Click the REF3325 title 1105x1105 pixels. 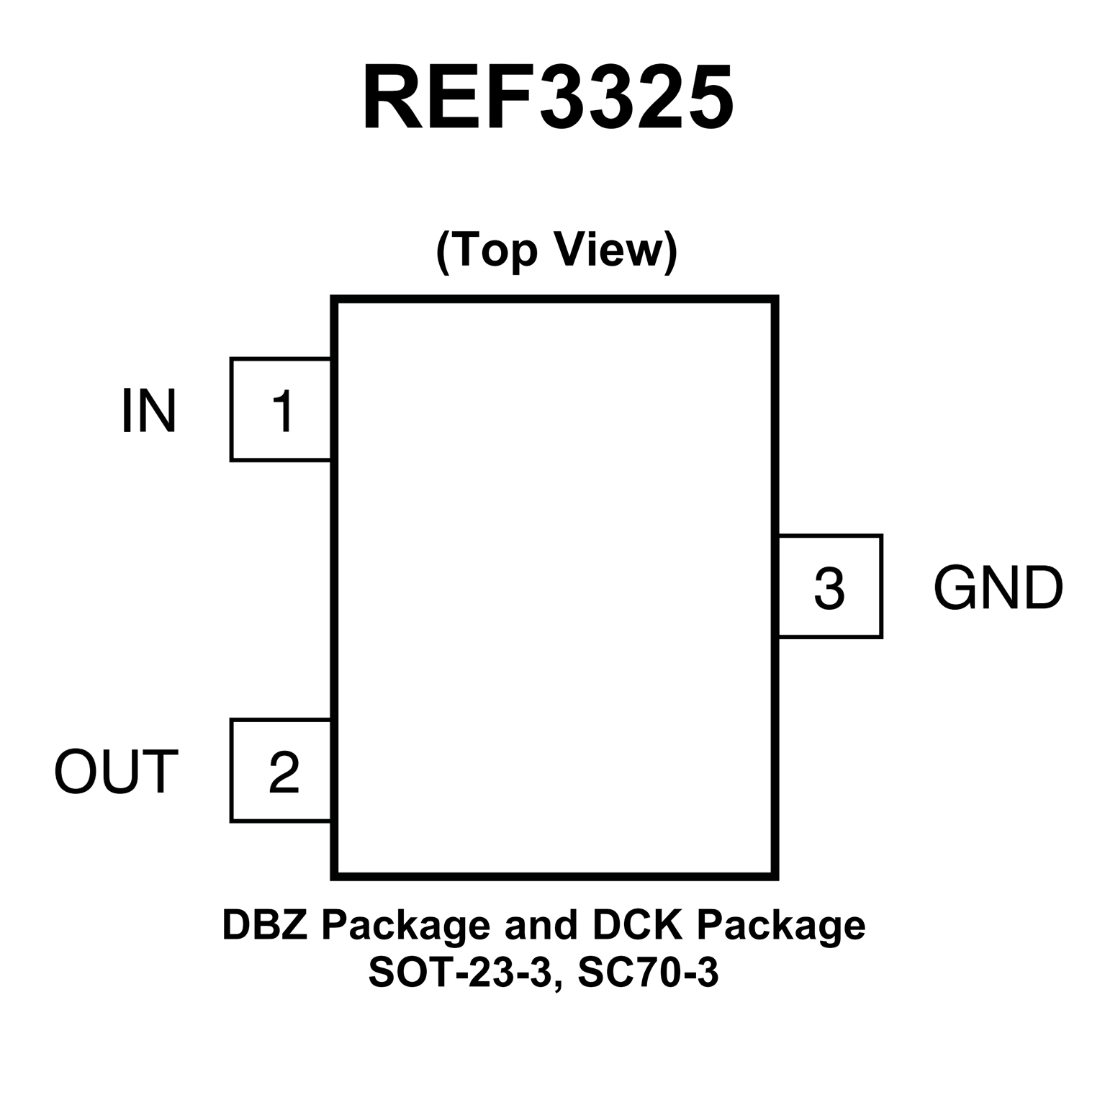coord(549,98)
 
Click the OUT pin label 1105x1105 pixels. coord(116,772)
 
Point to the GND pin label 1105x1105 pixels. coord(998,588)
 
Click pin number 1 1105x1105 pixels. coord(283,411)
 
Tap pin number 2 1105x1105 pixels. coord(284,772)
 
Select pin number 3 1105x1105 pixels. coord(829,588)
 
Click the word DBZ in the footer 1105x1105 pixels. coord(266,925)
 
